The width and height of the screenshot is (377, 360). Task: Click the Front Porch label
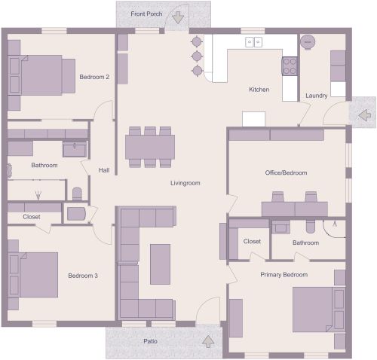click(x=146, y=14)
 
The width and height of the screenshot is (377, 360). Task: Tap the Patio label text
click(x=151, y=341)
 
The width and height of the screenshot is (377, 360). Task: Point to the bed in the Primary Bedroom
click(x=317, y=308)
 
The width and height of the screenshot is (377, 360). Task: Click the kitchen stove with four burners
click(x=290, y=66)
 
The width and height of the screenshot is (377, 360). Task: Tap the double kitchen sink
click(x=253, y=43)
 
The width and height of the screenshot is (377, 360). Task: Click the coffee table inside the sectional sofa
click(x=160, y=264)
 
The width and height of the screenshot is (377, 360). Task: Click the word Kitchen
click(x=259, y=90)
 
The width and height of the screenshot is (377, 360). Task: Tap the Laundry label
click(x=316, y=96)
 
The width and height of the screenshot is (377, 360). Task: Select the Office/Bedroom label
click(x=286, y=172)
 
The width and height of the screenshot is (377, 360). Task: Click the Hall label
click(x=104, y=170)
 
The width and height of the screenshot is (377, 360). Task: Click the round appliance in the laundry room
click(x=308, y=43)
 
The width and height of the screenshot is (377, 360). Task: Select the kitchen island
click(x=253, y=119)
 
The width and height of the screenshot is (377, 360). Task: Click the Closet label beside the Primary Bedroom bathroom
click(x=252, y=241)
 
